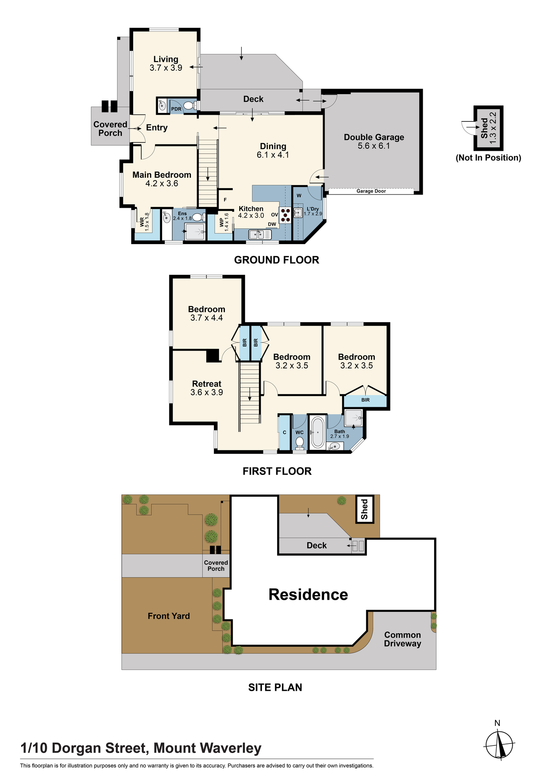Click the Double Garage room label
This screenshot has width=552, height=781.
click(x=374, y=137)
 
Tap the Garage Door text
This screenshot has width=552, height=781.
click(x=371, y=191)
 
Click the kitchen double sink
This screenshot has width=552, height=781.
click(x=260, y=235)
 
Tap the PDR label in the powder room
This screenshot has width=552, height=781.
click(x=176, y=109)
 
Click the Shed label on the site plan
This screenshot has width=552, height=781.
click(x=364, y=509)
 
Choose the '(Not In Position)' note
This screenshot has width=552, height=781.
click(x=488, y=158)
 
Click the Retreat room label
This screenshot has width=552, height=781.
click(x=207, y=384)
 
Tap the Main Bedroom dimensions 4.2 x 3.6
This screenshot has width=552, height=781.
click(x=162, y=184)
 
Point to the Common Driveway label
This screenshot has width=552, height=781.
click(x=402, y=639)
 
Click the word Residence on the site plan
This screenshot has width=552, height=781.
click(x=308, y=594)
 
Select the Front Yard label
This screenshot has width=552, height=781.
click(x=169, y=616)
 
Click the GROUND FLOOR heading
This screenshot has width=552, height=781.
click(x=276, y=260)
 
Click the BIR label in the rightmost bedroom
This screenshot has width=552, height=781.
click(x=365, y=400)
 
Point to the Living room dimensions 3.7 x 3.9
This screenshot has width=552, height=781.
click(x=166, y=68)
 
